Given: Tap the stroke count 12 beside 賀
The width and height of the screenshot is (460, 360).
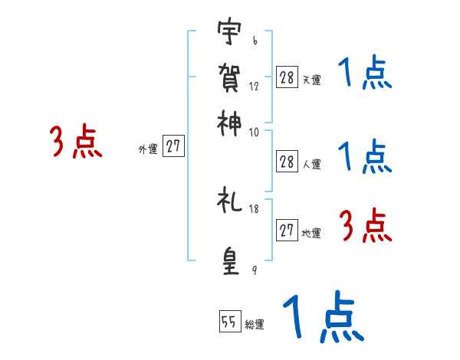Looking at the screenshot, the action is click(x=254, y=87).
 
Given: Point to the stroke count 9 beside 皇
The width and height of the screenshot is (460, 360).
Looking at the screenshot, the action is click(x=254, y=270).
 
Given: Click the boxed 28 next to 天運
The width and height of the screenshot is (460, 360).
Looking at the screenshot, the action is click(x=287, y=77).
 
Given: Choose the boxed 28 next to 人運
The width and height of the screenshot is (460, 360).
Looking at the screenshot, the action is click(x=287, y=161).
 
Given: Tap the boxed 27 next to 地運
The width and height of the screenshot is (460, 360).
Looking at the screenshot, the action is click(x=287, y=231).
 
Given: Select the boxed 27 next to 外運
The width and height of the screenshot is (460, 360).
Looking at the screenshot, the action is click(x=174, y=147).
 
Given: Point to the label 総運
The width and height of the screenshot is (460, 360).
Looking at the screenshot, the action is click(x=255, y=325).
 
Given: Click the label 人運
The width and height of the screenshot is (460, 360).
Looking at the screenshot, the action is click(x=312, y=164).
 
